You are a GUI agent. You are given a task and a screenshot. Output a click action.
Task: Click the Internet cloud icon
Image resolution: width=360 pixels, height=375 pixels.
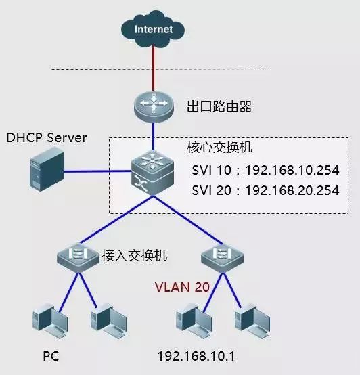click(154, 30)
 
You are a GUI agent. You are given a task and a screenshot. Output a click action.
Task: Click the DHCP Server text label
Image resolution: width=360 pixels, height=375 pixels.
click(47, 138)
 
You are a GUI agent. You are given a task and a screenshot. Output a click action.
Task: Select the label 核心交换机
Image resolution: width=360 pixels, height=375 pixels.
click(215, 147)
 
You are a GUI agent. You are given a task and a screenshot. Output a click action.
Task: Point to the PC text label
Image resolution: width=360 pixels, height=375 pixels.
click(51, 355)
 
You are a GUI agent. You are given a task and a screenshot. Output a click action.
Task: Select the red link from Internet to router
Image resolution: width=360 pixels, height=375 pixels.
click(154, 68)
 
